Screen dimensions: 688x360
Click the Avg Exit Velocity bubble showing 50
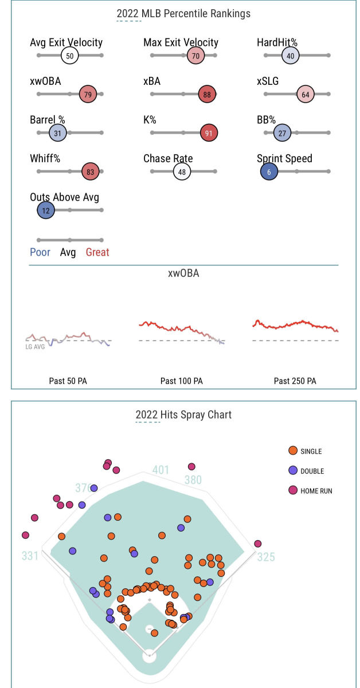tap(70, 56)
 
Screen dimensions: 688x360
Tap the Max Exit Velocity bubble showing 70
tap(195, 56)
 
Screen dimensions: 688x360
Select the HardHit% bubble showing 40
tap(291, 56)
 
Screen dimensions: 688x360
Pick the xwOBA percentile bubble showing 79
tap(88, 95)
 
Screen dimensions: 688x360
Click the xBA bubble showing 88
tap(207, 95)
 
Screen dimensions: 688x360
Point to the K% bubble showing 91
tap(209, 134)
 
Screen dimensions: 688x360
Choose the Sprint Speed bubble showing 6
tap(269, 171)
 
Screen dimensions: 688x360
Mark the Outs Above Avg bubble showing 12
tap(45, 210)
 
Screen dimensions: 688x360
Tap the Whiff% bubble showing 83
tap(91, 171)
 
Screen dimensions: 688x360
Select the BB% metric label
tap(267, 120)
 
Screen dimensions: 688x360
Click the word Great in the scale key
tap(97, 252)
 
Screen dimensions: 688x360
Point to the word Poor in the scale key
tap(40, 252)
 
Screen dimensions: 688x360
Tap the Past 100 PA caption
tap(181, 381)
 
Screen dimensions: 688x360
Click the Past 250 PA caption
tap(295, 381)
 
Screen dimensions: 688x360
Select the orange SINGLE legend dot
tap(293, 451)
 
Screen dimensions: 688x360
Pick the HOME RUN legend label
tap(316, 491)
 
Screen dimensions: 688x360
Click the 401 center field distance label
tap(161, 470)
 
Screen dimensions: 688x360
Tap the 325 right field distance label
tap(266, 557)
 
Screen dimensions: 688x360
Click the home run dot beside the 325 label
tap(258, 544)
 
